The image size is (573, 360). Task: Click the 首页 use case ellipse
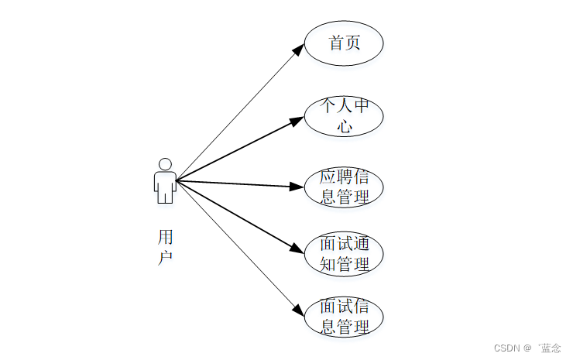point(344,43)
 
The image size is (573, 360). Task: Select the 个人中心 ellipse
point(344,116)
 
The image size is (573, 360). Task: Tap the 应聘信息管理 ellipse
point(344,187)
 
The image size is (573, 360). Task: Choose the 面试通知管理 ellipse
point(344,254)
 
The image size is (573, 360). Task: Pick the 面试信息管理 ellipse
point(344,317)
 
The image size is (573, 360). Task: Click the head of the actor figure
point(165,164)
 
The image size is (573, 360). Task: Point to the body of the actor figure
point(165,187)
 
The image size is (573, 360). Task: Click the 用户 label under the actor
point(165,246)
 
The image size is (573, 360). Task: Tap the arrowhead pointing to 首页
point(299,49)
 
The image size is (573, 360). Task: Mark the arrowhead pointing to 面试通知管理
point(297,249)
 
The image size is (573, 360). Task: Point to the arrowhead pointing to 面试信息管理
point(299,310)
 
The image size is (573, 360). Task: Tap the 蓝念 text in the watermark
point(551,348)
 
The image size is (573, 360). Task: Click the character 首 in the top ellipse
point(336,43)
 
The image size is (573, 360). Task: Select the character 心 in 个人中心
point(344,126)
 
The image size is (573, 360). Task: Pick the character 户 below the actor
point(165,257)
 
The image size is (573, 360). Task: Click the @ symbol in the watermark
point(528,348)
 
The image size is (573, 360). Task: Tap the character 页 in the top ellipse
point(353,43)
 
